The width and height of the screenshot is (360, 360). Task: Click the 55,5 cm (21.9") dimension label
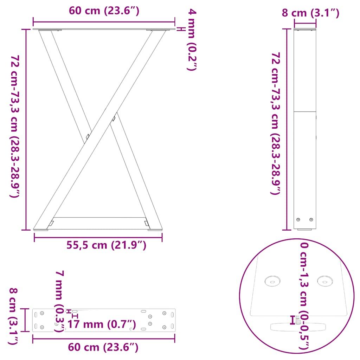(106, 245)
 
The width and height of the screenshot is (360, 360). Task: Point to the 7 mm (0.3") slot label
(60, 301)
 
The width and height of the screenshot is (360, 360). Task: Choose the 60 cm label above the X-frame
(104, 11)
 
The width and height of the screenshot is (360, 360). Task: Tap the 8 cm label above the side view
(310, 13)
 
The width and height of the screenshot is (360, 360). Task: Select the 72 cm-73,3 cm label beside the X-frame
(15, 127)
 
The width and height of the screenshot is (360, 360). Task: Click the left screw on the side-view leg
(298, 219)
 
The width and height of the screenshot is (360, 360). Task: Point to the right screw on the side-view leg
(311, 219)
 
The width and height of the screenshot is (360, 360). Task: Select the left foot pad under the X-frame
(41, 230)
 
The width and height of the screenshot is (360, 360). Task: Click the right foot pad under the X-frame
(155, 230)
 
